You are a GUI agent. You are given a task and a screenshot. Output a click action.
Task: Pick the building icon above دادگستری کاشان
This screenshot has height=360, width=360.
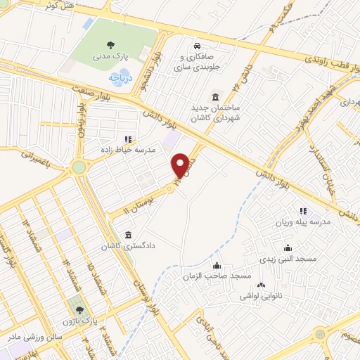tap(127, 235)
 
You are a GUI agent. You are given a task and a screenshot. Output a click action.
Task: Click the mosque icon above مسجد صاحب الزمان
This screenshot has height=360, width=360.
tap(217, 265)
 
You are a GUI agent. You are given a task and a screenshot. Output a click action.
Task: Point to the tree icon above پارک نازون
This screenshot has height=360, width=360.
tap(78, 309)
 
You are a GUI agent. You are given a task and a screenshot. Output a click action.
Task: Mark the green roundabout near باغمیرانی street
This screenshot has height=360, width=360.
tap(78, 167)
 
